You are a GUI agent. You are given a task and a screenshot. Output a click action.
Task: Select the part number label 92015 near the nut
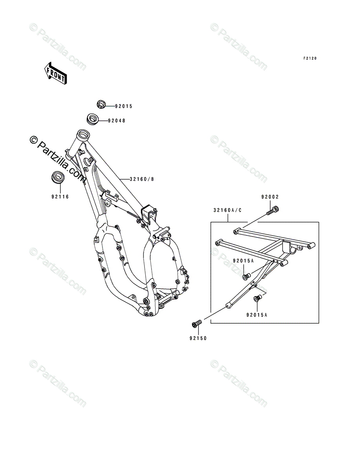pyautogui.click(x=124, y=106)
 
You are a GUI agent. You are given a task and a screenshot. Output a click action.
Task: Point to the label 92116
pyautogui.click(x=60, y=196)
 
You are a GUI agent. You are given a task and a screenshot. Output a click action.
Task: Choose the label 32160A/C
pyautogui.click(x=227, y=210)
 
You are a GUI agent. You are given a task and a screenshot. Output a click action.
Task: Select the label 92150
pyautogui.click(x=197, y=337)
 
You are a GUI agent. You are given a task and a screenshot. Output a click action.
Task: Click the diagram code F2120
pyautogui.click(x=309, y=58)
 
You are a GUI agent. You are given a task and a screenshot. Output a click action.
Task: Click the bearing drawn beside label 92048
pyautogui.click(x=93, y=118)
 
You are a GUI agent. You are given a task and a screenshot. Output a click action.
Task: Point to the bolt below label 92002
pyautogui.click(x=272, y=210)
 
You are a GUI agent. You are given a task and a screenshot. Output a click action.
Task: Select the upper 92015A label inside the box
pyautogui.click(x=243, y=261)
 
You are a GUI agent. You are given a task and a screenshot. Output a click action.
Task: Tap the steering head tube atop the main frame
pyautogui.click(x=83, y=137)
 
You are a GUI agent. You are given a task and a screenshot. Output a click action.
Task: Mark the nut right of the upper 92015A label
pyautogui.click(x=246, y=277)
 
